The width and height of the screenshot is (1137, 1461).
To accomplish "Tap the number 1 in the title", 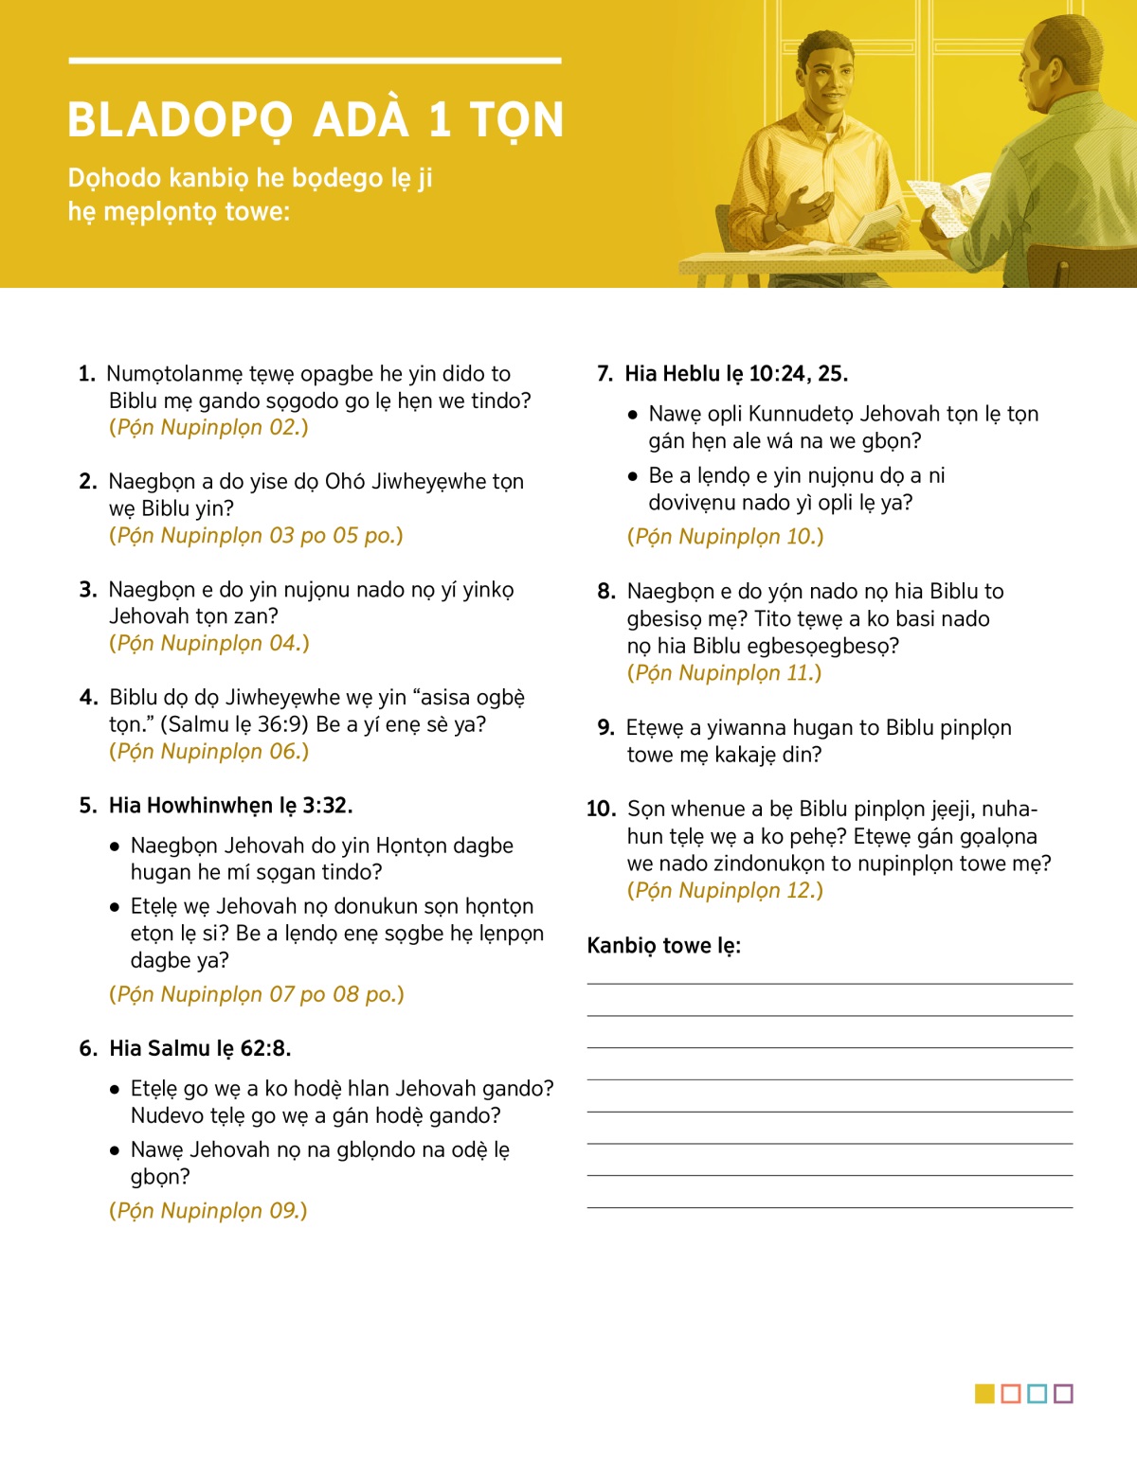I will (x=439, y=120).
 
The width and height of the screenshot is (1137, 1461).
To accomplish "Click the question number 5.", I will (x=87, y=806).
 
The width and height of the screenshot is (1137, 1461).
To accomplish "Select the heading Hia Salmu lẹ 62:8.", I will (x=200, y=1048).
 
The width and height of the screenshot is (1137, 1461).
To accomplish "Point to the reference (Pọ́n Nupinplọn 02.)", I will (x=208, y=427).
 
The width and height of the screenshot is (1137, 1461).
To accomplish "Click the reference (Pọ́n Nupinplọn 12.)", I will (x=725, y=890).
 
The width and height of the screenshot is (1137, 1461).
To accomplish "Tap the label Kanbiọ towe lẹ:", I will (x=663, y=946).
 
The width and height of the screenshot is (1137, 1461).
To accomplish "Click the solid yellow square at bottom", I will (x=984, y=1394).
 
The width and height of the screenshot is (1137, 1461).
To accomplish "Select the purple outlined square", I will (x=1063, y=1394).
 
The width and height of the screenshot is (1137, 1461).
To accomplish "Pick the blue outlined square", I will (x=1037, y=1394).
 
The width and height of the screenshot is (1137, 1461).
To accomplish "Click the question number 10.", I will (x=601, y=809).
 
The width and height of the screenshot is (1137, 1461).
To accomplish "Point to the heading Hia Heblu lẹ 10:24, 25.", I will (x=735, y=374).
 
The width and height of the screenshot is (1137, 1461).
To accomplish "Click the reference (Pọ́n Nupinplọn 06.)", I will (x=208, y=751).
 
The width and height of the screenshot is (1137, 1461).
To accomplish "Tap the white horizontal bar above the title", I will (x=315, y=62).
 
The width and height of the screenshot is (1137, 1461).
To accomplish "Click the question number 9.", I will (x=605, y=728).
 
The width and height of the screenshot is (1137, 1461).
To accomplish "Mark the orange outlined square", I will (x=1011, y=1394).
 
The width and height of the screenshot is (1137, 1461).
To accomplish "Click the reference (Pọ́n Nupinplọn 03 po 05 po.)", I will (x=256, y=535).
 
